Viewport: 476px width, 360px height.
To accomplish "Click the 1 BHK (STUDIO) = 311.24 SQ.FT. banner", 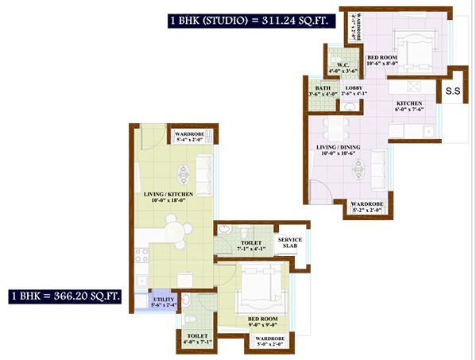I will coord(247,21).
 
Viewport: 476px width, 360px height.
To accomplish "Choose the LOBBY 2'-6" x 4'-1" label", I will coord(354,91).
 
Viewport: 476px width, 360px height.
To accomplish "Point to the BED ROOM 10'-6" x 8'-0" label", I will coord(385,61).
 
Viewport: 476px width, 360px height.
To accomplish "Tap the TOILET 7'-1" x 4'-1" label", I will coord(252,246).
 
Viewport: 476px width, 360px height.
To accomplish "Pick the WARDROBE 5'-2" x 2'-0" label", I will coord(366,208).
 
